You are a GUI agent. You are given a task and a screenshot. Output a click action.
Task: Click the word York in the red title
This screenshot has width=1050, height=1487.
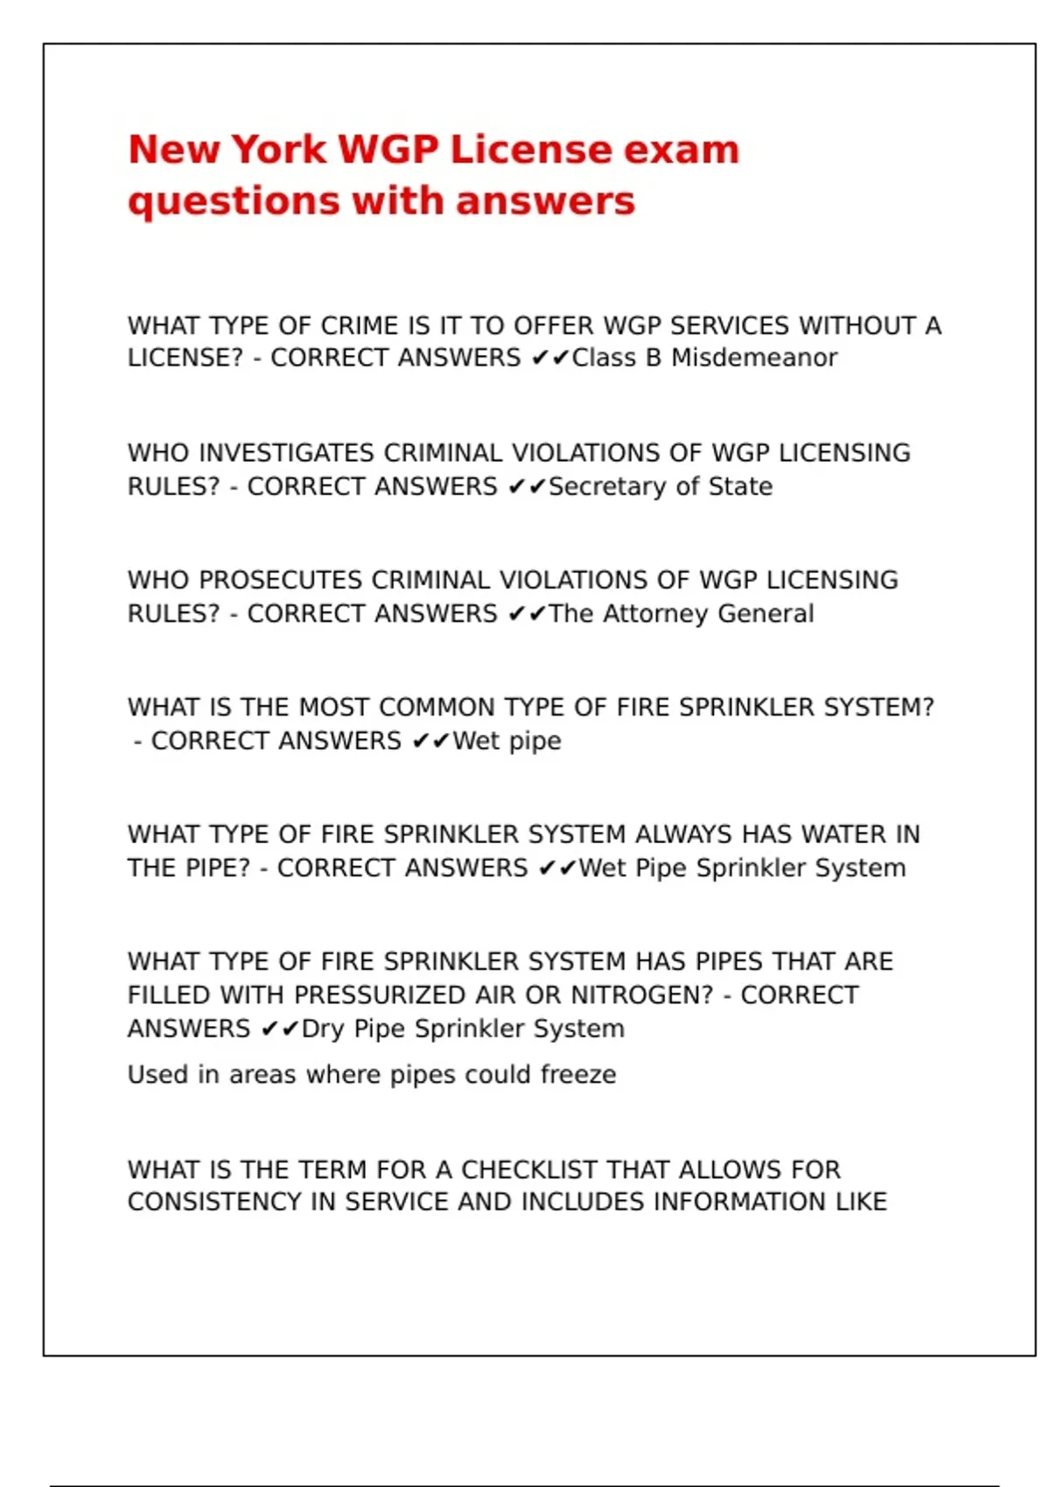(x=277, y=150)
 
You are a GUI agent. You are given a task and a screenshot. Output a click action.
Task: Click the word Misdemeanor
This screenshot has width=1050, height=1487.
(x=754, y=358)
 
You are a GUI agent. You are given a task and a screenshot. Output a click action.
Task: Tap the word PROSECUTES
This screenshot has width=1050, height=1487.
(x=281, y=581)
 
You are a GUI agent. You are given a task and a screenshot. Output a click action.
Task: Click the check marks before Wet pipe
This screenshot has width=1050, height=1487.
(x=430, y=742)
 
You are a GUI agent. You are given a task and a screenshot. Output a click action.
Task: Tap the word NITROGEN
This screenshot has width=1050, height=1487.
(x=642, y=995)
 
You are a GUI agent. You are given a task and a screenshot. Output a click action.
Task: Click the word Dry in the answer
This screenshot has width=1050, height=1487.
(x=324, y=1030)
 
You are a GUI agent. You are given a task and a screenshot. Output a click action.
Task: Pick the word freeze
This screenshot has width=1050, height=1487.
(x=577, y=1074)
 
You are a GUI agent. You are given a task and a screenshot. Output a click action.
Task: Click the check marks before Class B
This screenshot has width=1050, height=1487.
(x=550, y=358)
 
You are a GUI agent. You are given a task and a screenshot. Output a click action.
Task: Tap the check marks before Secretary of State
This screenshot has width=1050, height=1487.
(x=527, y=486)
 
